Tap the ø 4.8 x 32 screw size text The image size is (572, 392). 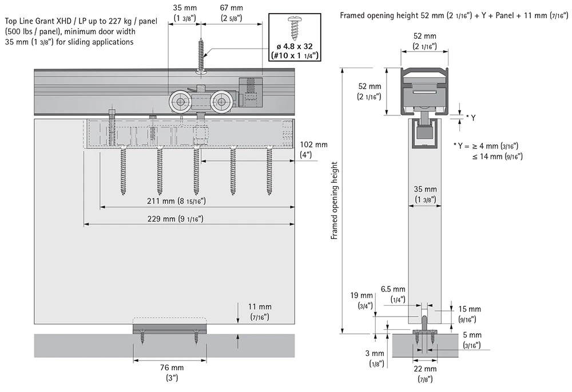[x=295, y=46]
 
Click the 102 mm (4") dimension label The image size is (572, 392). [x=313, y=150]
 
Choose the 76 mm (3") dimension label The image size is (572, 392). [x=168, y=373]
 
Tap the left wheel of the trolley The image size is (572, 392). [x=180, y=103]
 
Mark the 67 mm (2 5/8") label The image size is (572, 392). [x=231, y=13]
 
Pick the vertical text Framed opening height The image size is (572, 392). [x=336, y=200]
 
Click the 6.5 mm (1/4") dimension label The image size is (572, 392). [x=395, y=294]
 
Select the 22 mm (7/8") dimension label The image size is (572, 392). [x=424, y=373]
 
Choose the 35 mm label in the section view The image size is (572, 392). [x=425, y=194]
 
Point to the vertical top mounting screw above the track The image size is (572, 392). [x=201, y=54]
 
